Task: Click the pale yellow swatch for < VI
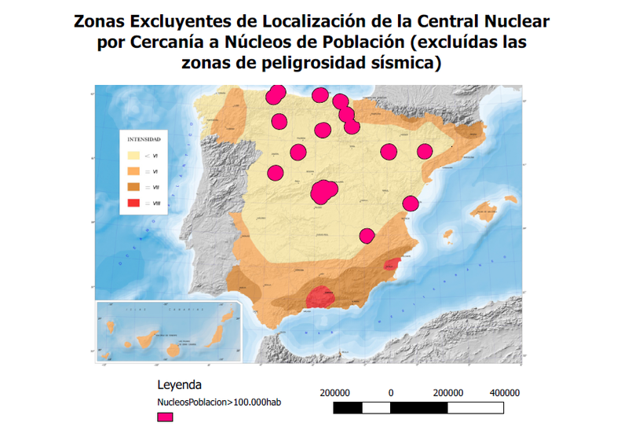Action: tap(133, 156)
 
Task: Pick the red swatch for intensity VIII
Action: tap(133, 204)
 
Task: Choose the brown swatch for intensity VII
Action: tap(133, 187)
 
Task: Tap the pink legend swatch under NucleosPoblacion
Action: tap(165, 417)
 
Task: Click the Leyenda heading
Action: tap(180, 385)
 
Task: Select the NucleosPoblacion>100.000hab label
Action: tap(219, 402)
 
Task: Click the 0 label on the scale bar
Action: tap(390, 393)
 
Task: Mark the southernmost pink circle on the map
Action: tap(367, 235)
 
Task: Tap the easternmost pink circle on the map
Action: tap(425, 152)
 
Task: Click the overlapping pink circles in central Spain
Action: tap(324, 190)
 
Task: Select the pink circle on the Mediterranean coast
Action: tap(410, 204)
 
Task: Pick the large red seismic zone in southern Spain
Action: tap(320, 297)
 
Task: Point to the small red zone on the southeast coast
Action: tap(392, 265)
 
